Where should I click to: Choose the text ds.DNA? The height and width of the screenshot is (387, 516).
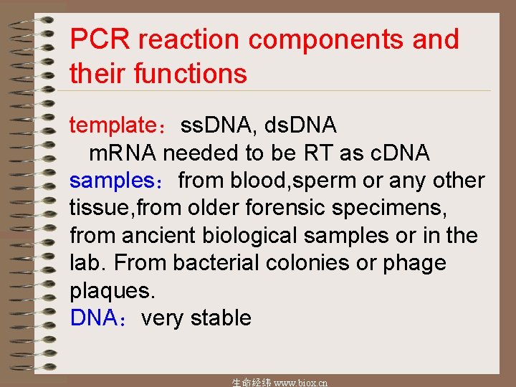point(300,125)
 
